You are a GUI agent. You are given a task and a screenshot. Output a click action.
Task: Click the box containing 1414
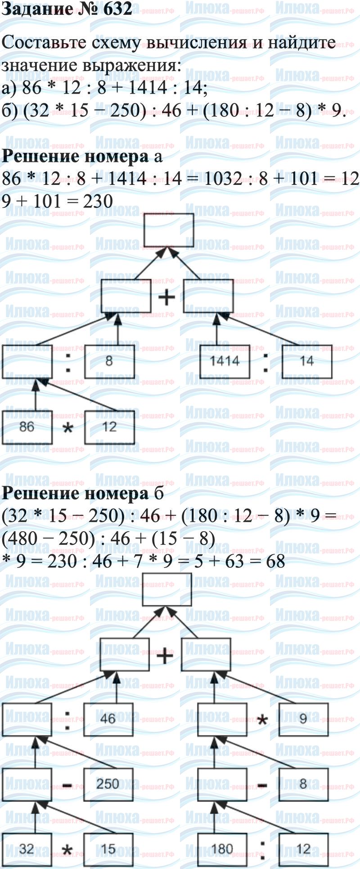click(x=225, y=361)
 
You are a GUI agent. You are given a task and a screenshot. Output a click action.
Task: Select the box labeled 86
click(x=27, y=427)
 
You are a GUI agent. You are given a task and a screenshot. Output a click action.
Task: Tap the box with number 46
click(x=108, y=718)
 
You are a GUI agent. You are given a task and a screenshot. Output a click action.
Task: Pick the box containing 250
click(x=108, y=784)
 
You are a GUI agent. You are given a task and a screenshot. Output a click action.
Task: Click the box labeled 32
click(x=27, y=849)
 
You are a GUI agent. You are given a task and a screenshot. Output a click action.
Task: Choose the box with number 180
click(x=222, y=849)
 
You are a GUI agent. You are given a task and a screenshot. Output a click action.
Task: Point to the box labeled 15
click(x=108, y=849)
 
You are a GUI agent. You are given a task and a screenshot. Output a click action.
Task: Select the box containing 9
click(x=303, y=718)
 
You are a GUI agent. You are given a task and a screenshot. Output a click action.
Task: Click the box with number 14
click(x=307, y=361)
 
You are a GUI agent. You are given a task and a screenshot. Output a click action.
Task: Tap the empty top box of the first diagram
click(x=169, y=230)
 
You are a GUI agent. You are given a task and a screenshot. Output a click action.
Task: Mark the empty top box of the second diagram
click(x=167, y=589)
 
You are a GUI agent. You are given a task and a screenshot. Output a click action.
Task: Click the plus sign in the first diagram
click(x=167, y=297)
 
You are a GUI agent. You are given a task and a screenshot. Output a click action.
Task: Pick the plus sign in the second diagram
click(x=165, y=656)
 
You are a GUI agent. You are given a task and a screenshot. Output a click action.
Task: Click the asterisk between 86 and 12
click(x=67, y=429)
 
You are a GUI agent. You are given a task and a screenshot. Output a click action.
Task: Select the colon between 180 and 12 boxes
click(x=262, y=849)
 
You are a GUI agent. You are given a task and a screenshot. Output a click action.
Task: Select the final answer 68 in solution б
click(x=275, y=561)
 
